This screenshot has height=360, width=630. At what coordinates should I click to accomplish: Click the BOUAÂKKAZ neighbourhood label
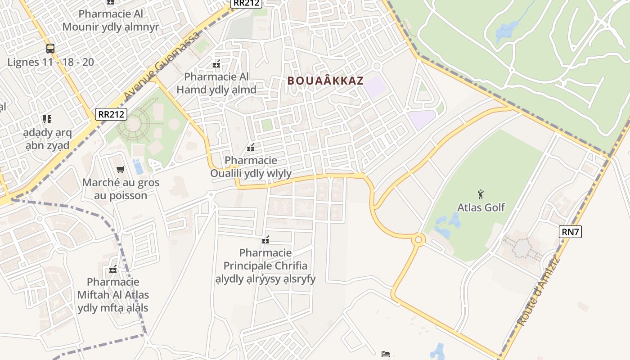[325, 81]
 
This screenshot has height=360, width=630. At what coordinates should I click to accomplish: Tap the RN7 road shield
[571, 232]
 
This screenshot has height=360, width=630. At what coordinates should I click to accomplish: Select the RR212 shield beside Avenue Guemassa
[110, 114]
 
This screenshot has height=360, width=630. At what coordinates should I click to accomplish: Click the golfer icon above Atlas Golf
[481, 194]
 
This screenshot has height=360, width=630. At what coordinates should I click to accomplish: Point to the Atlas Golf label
[481, 207]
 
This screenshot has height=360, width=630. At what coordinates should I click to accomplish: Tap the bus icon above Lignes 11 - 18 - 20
[50, 49]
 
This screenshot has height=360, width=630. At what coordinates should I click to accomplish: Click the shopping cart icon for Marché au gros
[120, 170]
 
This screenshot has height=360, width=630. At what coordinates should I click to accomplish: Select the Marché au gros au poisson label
[121, 189]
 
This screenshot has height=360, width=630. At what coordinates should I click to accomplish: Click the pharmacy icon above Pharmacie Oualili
[251, 147]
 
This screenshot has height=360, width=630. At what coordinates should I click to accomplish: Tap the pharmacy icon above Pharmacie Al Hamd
[216, 64]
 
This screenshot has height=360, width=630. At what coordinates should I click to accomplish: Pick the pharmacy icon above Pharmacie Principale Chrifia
[265, 239]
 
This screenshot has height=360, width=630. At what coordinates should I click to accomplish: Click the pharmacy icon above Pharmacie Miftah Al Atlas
[113, 269]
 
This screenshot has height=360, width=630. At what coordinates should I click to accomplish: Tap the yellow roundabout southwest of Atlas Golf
[418, 240]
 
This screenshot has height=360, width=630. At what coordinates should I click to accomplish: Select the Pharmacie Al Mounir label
[111, 20]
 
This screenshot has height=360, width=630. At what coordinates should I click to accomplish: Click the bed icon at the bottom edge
[386, 354]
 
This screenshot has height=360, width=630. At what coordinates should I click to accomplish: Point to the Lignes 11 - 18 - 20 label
[51, 62]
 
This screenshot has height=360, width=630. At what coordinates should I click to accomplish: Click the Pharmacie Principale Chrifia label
[265, 265]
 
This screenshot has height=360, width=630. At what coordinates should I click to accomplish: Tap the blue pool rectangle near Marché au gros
[138, 166]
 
